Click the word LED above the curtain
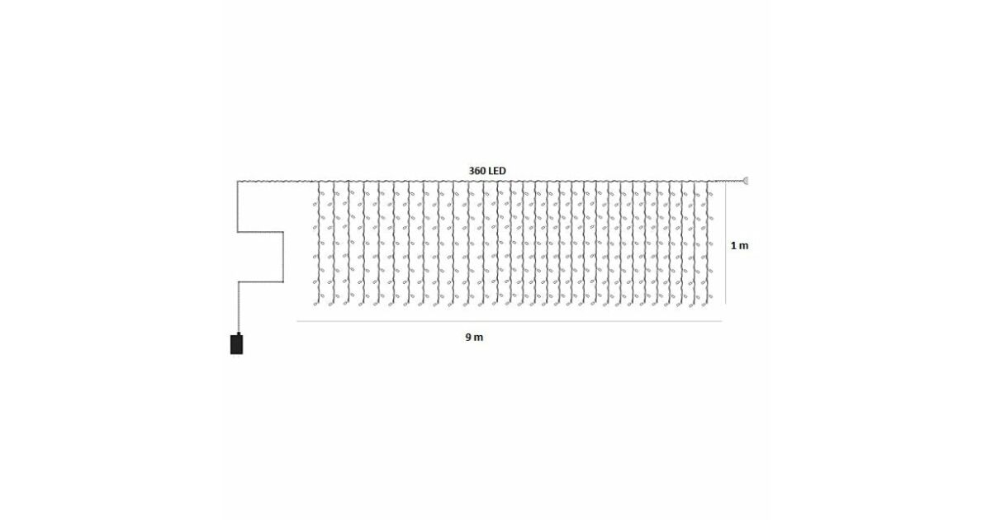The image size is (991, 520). click(496, 171)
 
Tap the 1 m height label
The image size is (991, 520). click(739, 246)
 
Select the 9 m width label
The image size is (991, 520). click(474, 338)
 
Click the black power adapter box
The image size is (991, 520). click(237, 344)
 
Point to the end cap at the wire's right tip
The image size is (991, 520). click(747, 181)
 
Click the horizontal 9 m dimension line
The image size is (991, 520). click(510, 321)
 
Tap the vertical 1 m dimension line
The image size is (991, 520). click(726, 243)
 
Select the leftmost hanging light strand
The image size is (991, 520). click(317, 243)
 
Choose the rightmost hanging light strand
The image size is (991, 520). click(709, 243)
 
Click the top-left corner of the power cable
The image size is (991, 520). click(238, 182)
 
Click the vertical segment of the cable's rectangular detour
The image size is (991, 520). click(283, 257)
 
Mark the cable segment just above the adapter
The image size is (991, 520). click(239, 307)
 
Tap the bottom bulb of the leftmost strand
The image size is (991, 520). click(315, 304)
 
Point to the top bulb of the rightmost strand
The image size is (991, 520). click(710, 194)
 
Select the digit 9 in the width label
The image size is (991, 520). click(468, 338)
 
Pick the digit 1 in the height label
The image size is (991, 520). click(733, 246)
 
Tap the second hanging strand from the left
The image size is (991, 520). click(334, 243)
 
